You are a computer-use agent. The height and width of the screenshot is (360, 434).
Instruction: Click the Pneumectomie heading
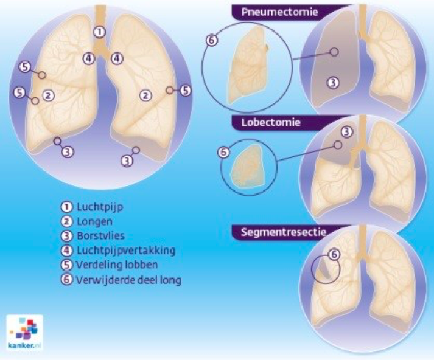(279, 12)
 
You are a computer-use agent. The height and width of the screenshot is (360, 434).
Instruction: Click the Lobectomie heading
(271, 122)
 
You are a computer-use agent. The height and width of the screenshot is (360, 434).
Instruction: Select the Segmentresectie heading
(284, 232)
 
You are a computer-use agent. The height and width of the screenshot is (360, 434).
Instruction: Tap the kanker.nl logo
(25, 333)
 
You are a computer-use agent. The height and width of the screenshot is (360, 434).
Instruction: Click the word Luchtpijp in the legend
(100, 207)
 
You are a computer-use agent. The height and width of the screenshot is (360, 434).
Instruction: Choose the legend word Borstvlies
(100, 236)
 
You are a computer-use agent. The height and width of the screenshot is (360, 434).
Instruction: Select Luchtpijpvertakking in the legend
(126, 251)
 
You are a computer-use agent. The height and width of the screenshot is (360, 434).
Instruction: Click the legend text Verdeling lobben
(116, 265)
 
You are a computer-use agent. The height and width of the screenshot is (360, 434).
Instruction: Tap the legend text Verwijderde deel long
(128, 280)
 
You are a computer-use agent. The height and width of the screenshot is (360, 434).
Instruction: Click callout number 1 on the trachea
(100, 32)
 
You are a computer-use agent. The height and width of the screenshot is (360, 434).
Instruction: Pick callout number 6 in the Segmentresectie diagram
(334, 254)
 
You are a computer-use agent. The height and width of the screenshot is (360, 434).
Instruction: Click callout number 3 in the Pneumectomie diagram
(333, 83)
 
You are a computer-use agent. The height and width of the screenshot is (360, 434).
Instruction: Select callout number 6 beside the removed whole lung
(212, 40)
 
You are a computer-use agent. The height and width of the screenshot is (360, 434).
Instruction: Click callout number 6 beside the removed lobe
(223, 153)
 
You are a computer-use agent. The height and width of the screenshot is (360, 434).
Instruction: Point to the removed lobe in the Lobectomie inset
(247, 165)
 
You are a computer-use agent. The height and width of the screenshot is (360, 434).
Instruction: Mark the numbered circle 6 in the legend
(67, 280)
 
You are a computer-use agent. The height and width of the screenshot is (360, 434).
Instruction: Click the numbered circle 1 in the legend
(67, 207)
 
